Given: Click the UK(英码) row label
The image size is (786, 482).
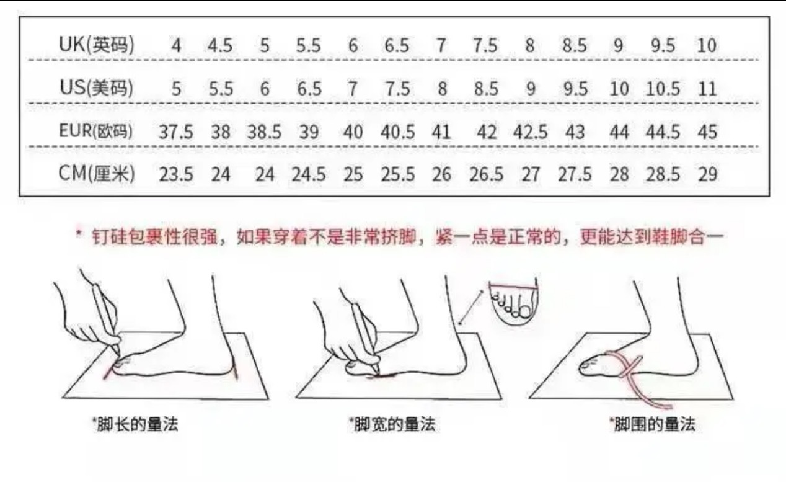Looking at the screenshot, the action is tap(97, 45).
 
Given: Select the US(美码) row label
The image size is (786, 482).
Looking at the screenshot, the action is tap(97, 87).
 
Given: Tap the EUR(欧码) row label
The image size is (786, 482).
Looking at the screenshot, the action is tap(96, 131).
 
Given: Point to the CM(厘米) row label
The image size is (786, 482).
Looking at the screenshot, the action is tap(97, 174).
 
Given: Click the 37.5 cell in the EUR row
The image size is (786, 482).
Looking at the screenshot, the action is tap(176, 132).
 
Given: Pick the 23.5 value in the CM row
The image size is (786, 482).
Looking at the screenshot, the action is tap(176, 174).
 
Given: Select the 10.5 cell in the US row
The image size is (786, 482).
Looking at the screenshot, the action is tap(663, 89).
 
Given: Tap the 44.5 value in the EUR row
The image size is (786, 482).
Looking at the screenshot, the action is tap(663, 132).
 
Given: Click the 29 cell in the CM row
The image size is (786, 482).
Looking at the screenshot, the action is tap(707, 174).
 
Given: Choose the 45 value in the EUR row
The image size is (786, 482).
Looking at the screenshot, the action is tap(707, 132).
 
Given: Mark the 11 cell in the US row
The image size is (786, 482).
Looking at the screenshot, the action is tap(707, 89).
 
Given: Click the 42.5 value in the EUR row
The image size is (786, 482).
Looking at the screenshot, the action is tap(530, 132).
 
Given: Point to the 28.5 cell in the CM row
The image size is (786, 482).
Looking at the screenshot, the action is tap(663, 174).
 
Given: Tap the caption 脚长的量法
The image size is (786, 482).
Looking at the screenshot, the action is tap(137, 424).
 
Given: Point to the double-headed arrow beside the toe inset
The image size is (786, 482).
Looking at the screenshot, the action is tap(471, 307).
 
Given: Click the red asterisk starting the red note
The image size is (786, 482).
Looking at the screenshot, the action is tap(79, 233).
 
